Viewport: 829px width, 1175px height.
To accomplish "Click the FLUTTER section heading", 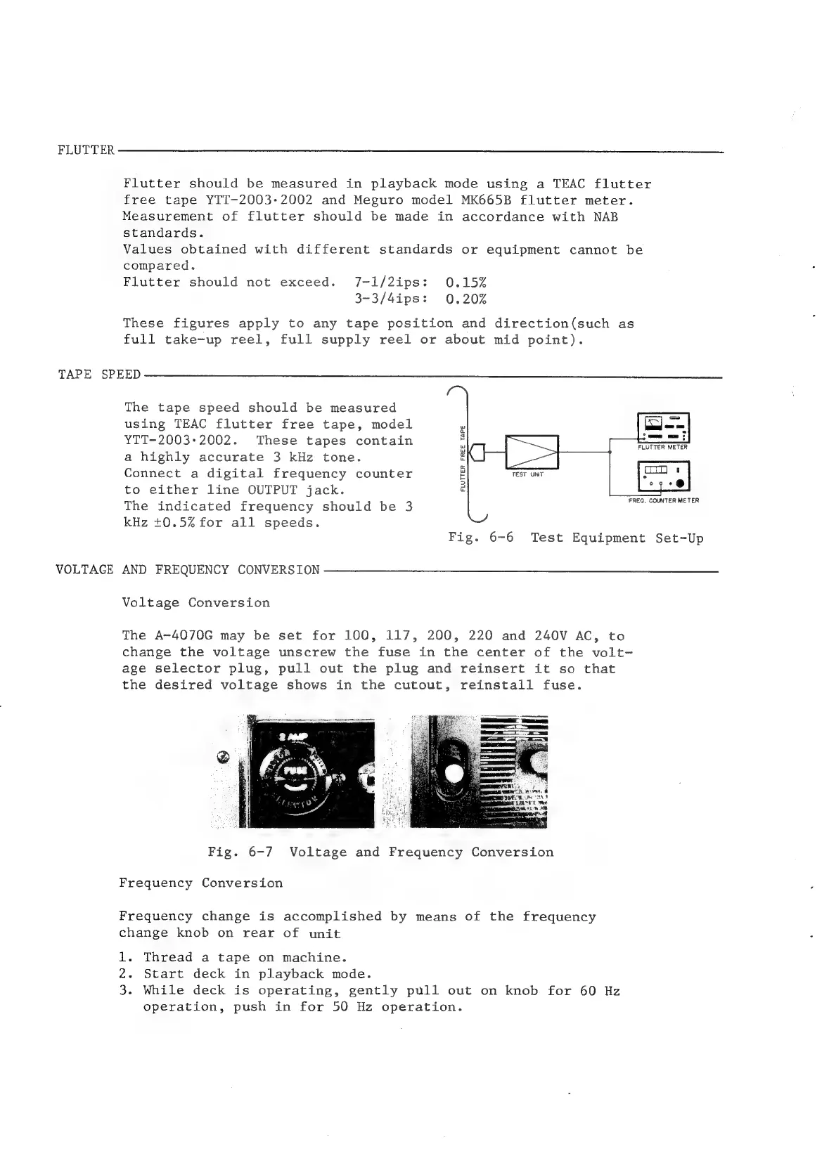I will click(86, 151).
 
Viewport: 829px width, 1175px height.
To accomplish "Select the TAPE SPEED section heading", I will click(99, 375).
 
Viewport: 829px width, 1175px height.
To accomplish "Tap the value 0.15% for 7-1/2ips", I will click(466, 283).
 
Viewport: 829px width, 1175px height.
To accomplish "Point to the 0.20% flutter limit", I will click(466, 299).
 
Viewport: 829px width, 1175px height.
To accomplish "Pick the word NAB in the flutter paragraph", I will click(605, 216).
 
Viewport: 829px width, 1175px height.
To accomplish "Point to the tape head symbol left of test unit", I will click(482, 451).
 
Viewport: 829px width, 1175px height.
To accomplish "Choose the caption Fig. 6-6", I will click(481, 538).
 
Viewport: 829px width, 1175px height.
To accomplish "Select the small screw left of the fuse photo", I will click(224, 758).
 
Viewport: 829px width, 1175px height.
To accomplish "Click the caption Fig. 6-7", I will click(240, 852).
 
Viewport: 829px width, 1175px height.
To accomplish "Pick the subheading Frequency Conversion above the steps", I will click(201, 883).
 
